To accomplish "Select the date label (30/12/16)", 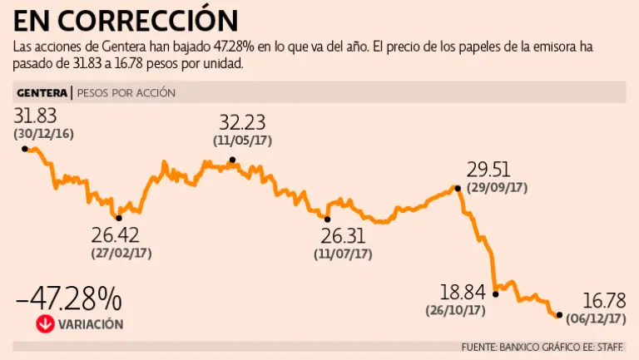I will [43, 134].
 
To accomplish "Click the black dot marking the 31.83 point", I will [25, 148].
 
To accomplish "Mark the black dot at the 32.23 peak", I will [232, 160].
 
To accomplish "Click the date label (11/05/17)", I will [244, 141].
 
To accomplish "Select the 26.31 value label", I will [341, 235].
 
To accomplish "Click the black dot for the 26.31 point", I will [327, 219].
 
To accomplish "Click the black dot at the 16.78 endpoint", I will [558, 314].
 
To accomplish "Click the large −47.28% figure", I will [69, 298].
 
